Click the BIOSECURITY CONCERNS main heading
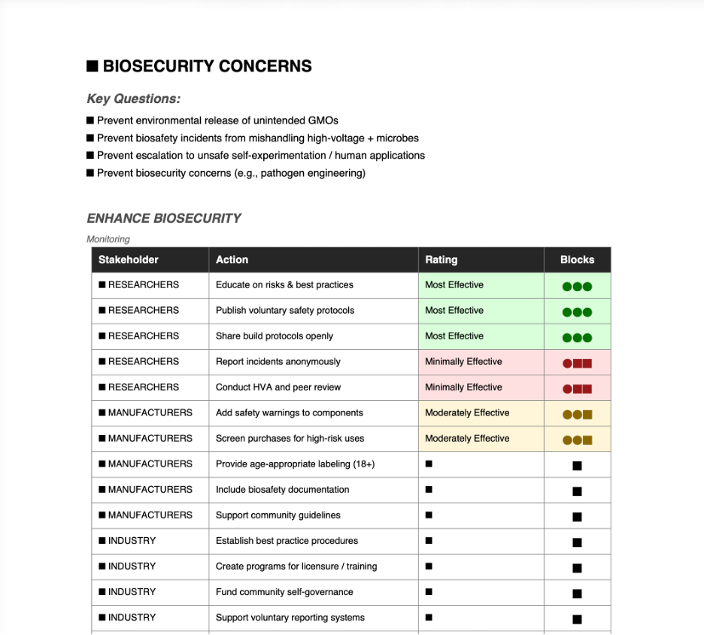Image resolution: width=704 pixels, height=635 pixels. (199, 66)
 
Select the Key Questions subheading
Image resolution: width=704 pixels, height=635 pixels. (133, 99)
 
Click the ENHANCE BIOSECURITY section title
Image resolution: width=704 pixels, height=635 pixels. (164, 218)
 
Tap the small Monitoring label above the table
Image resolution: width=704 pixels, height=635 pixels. (108, 239)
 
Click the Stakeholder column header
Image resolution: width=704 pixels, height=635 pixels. (129, 260)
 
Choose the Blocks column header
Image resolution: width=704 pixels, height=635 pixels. (577, 260)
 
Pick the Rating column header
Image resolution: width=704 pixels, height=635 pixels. (442, 260)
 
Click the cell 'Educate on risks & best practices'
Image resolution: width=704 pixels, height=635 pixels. (284, 285)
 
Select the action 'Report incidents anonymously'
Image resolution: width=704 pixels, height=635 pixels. (278, 362)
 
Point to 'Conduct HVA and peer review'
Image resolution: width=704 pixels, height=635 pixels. (278, 387)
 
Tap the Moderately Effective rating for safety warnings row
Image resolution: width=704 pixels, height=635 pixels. (467, 413)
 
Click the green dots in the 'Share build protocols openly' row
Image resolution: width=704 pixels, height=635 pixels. (577, 338)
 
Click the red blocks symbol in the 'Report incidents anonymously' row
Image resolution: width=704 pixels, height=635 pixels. (577, 363)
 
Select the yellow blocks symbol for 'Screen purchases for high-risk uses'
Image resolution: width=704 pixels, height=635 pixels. (577, 440)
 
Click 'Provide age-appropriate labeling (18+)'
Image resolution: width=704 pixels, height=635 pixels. (295, 464)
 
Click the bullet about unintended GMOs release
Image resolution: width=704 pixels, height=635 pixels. (217, 120)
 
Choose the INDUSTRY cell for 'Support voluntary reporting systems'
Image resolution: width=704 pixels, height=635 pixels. (132, 618)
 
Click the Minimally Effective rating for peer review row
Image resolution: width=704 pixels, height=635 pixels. (463, 387)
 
